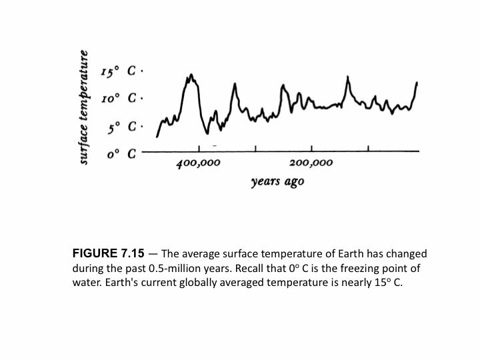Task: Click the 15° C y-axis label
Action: [117, 73]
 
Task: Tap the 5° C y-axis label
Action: [117, 125]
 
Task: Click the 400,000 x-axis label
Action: [199, 163]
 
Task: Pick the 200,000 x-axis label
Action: [311, 163]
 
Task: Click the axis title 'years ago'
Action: [277, 182]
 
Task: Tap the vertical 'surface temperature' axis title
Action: [84, 107]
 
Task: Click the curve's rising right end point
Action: [417, 83]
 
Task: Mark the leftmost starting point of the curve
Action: [157, 137]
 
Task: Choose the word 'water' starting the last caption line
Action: [87, 282]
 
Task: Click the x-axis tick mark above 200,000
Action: [312, 149]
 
